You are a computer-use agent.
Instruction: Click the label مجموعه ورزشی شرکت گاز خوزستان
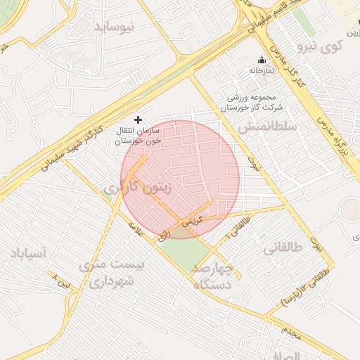pos(254,103)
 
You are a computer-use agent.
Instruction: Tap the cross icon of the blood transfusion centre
pos(138,120)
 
